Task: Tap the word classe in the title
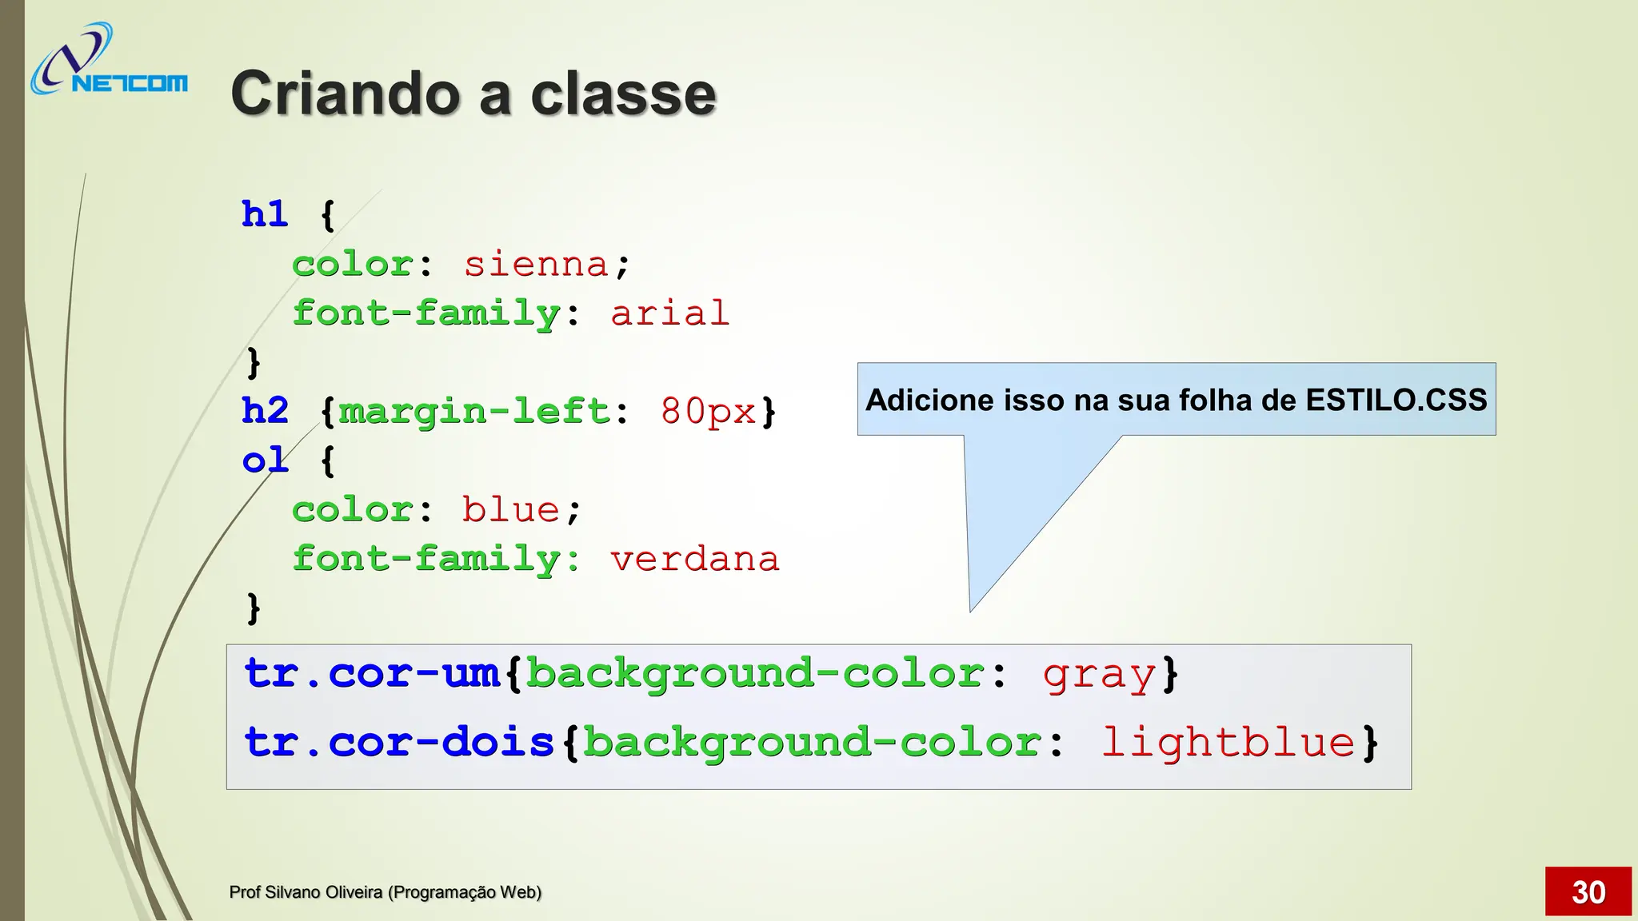point(623,94)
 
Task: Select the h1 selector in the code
point(265,214)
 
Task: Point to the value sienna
point(536,265)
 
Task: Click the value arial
point(669,313)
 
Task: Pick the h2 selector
point(265,411)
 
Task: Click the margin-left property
point(474,412)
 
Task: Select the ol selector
point(265,460)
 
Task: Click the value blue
point(510,510)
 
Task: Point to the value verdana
point(694,559)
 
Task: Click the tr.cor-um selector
point(372,673)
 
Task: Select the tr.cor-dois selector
point(399,742)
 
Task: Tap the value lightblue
point(1228,744)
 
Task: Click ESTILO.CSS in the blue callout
point(1396,400)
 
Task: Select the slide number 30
point(1588,892)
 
